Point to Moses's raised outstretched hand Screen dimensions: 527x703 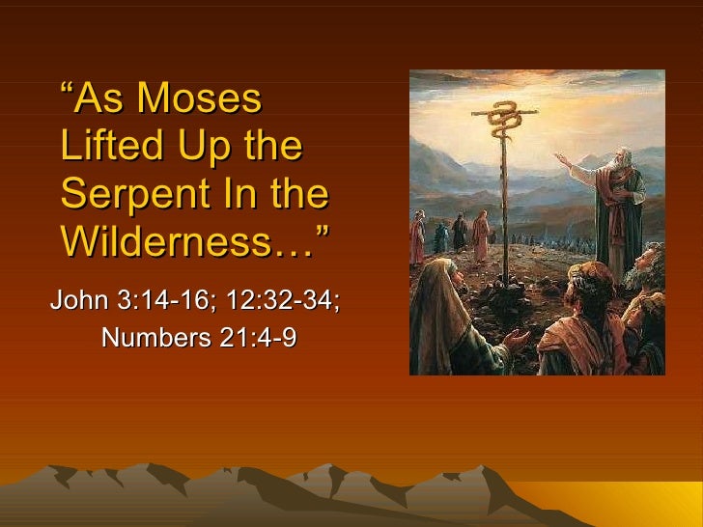561,157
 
